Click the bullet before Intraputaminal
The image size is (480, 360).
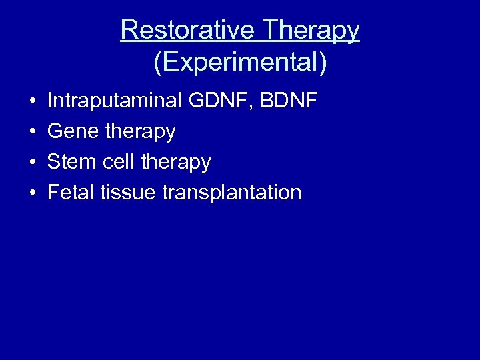(x=32, y=102)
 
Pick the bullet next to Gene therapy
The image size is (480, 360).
(x=32, y=132)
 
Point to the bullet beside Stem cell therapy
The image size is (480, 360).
(x=32, y=162)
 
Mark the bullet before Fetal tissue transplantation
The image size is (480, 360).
(x=32, y=193)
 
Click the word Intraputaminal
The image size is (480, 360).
(x=114, y=101)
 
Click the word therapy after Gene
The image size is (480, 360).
(x=140, y=133)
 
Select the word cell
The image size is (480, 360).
(x=117, y=162)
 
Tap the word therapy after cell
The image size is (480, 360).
(x=175, y=163)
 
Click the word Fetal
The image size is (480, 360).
(x=71, y=193)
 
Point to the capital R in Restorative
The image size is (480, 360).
(x=129, y=30)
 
